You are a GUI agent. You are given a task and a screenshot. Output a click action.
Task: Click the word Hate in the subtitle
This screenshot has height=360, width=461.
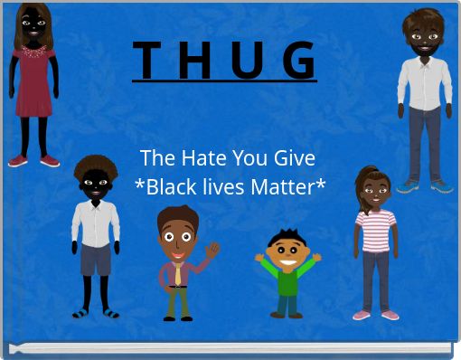203,158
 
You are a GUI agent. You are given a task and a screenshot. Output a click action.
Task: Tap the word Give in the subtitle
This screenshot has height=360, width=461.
293,158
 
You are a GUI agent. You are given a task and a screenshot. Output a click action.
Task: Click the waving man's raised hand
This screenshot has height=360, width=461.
212,249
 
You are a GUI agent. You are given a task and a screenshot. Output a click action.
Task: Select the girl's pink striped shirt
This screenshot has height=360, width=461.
375,231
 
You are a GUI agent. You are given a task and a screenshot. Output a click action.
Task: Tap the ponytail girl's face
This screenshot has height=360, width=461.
374,191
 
